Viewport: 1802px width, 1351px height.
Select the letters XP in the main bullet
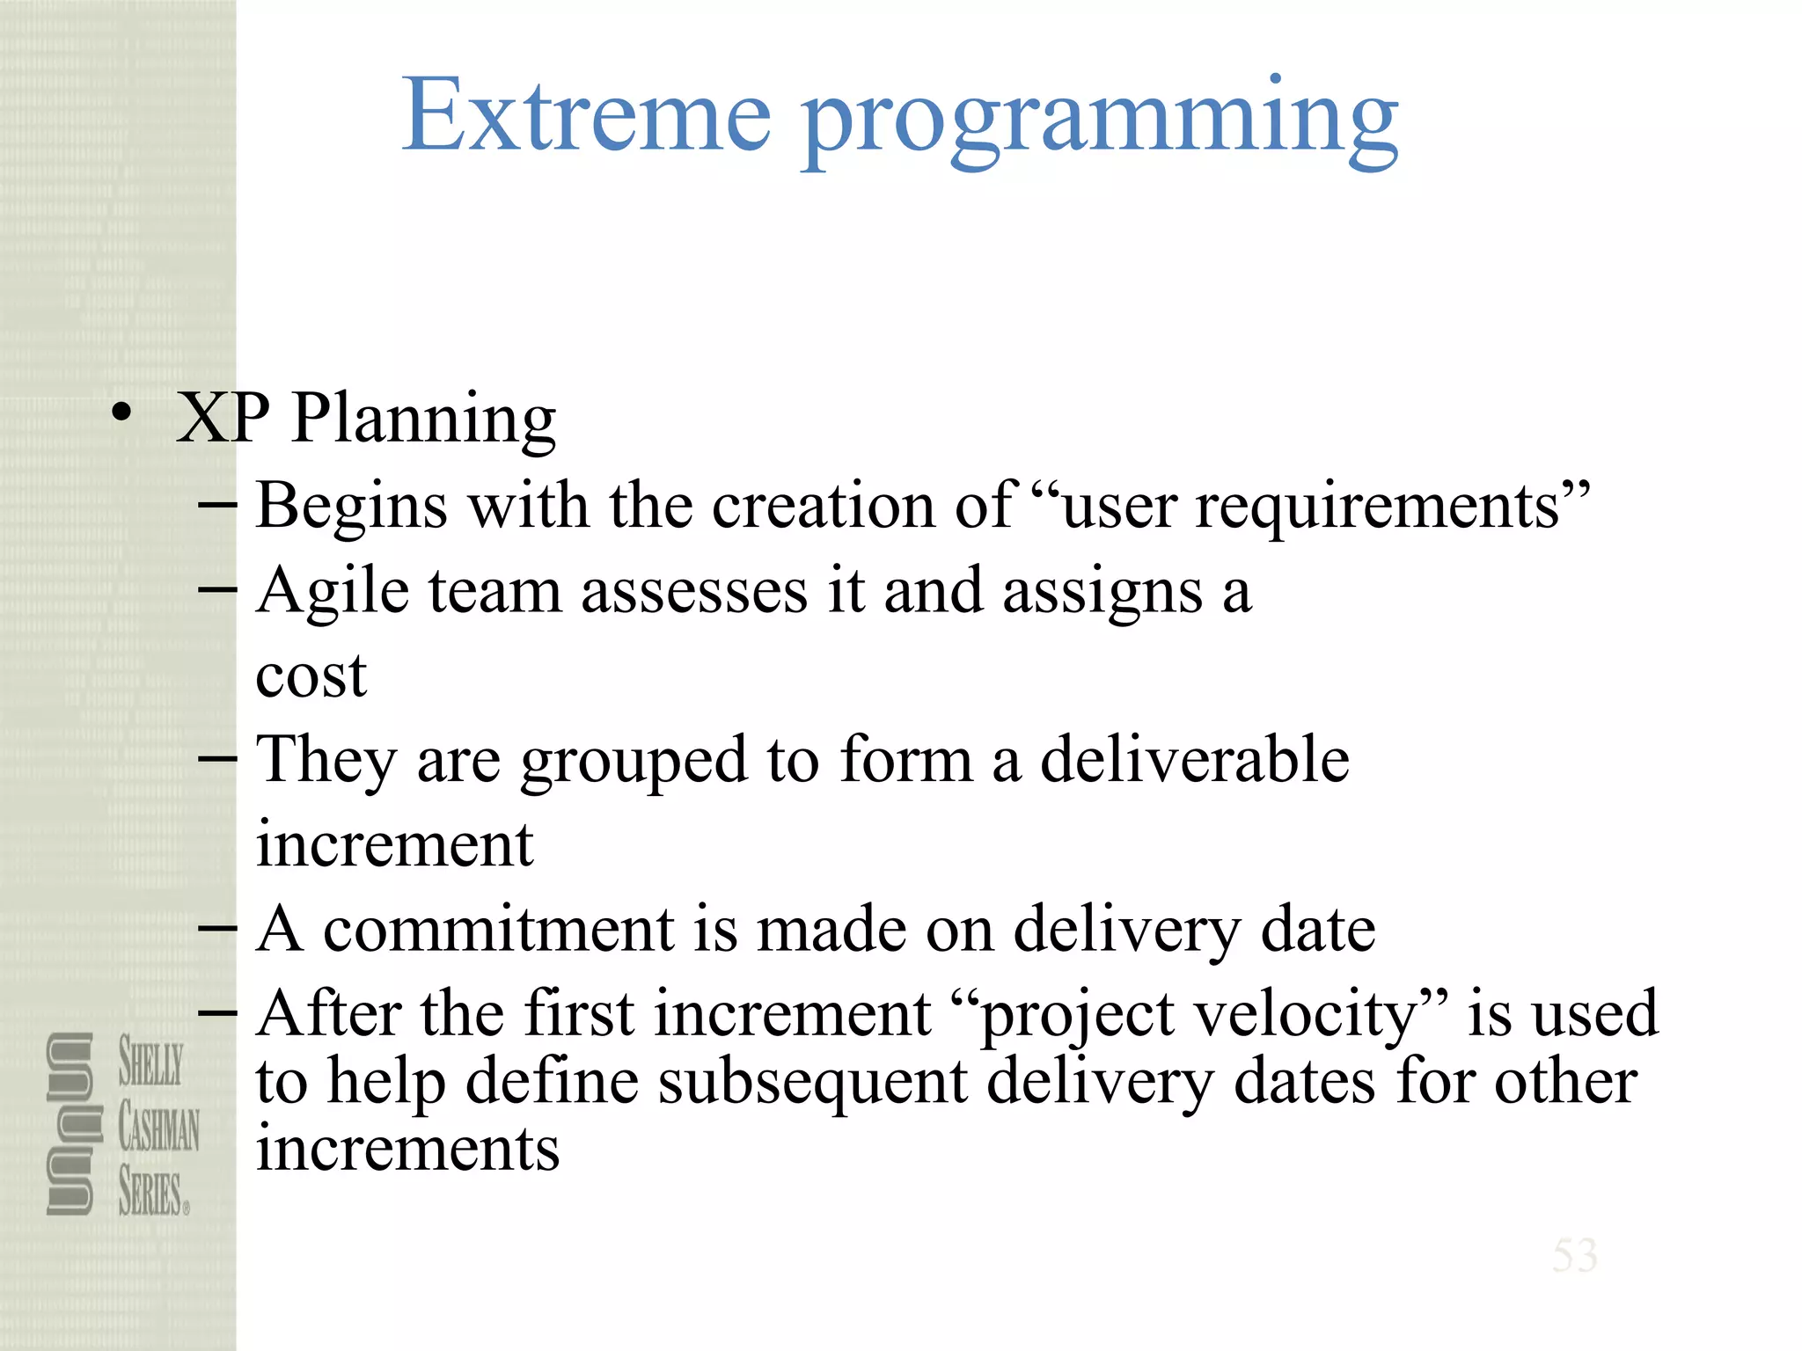(223, 417)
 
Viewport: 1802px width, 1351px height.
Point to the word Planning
(423, 420)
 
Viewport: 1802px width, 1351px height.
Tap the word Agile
(333, 592)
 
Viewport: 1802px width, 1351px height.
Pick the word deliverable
(1194, 759)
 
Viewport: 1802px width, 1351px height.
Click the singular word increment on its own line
(394, 844)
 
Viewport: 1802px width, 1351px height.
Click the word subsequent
(812, 1082)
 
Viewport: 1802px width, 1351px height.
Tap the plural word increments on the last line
(407, 1149)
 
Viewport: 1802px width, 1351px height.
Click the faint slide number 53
(1574, 1255)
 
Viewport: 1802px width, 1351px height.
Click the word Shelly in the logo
(151, 1062)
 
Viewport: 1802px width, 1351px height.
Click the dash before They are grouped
(217, 759)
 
